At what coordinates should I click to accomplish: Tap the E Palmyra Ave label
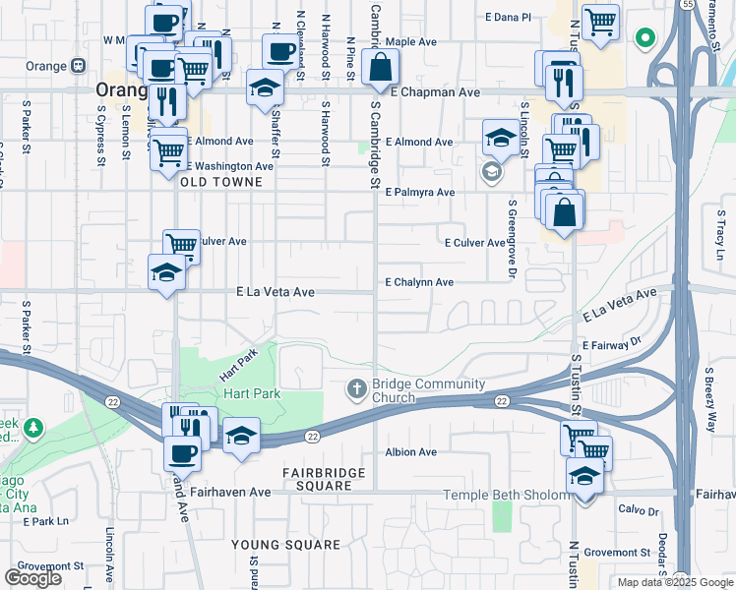tap(419, 193)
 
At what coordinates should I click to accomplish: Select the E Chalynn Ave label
tap(419, 282)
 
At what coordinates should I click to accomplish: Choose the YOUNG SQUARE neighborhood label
tap(285, 544)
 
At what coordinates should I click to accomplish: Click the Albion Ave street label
tap(410, 452)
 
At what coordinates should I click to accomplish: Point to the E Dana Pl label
tap(508, 18)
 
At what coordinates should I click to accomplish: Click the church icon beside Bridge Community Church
tap(359, 390)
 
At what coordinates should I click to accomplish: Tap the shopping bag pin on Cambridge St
tap(379, 69)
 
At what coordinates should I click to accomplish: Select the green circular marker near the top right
tap(645, 39)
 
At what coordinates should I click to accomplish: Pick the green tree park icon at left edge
tap(34, 429)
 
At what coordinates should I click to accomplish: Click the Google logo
tap(33, 578)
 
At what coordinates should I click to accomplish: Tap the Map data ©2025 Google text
tap(675, 582)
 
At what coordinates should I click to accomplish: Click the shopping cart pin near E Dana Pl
tap(599, 22)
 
